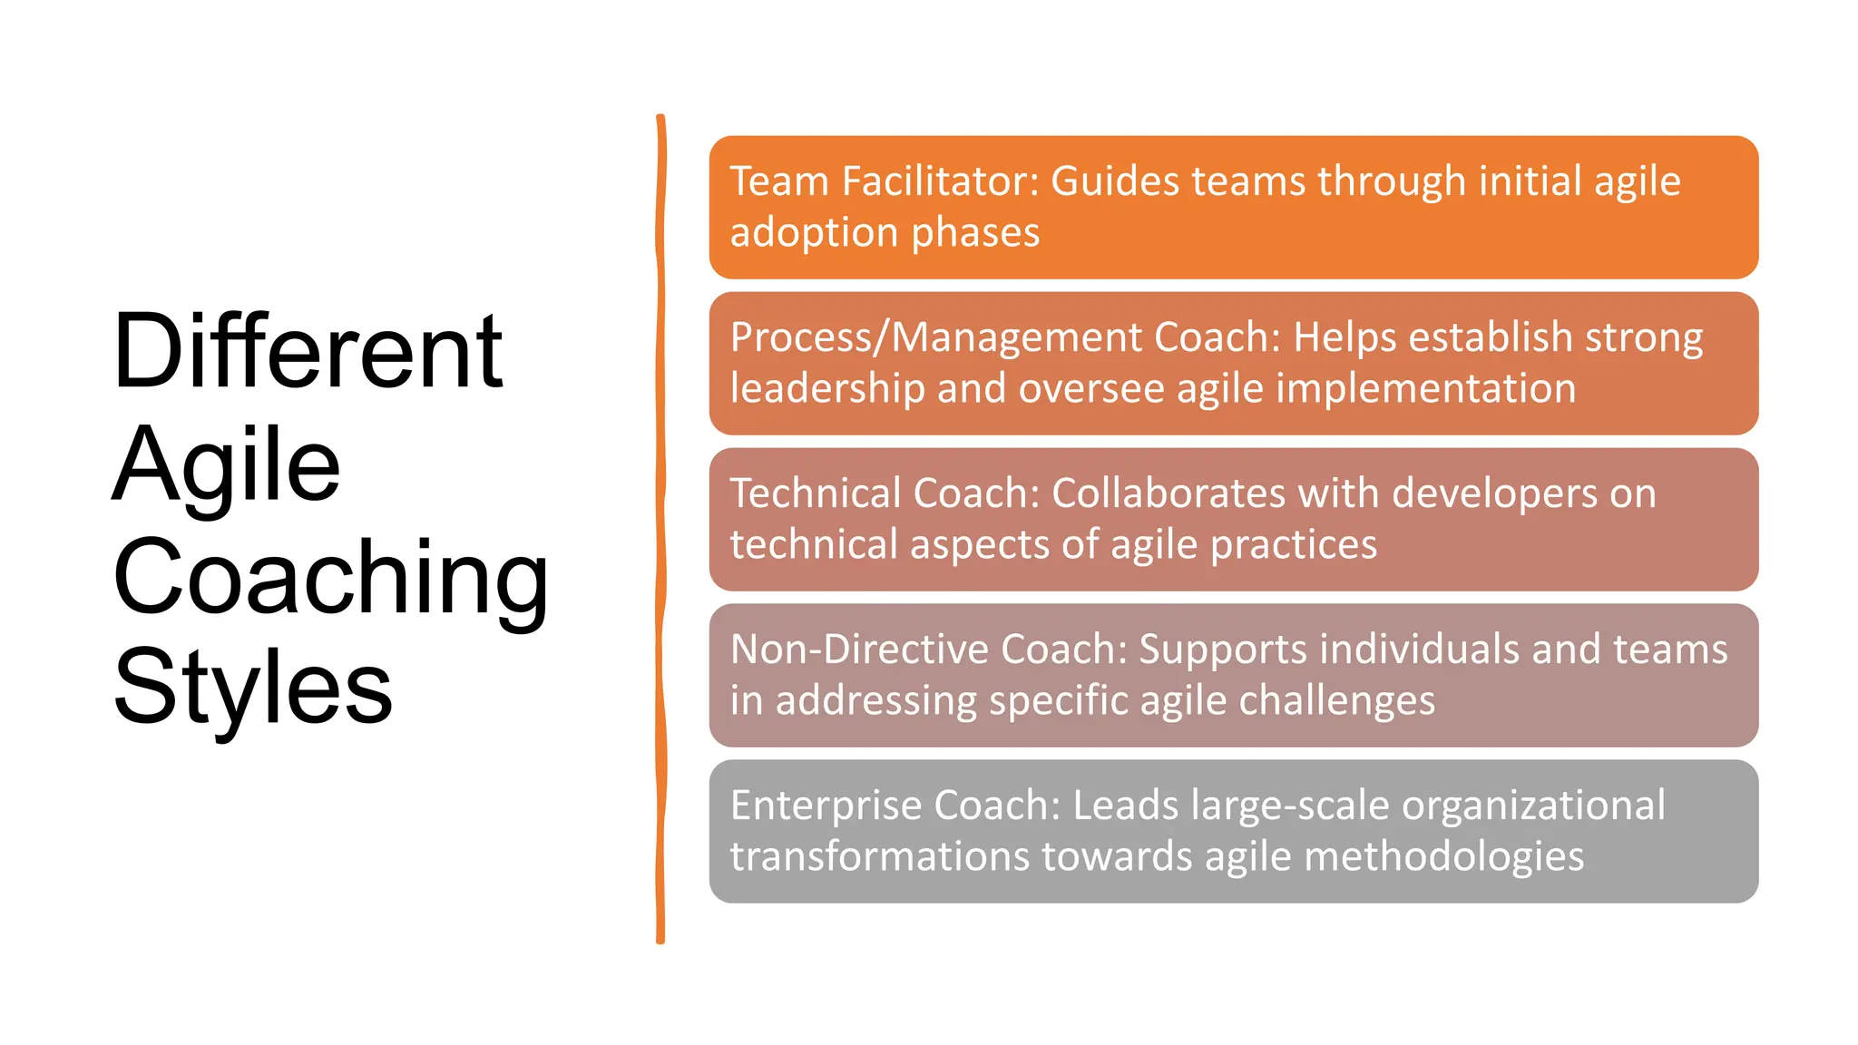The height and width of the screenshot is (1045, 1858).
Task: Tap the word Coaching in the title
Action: point(330,577)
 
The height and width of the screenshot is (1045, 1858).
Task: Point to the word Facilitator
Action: point(939,181)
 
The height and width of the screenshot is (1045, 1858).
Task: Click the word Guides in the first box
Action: point(1115,181)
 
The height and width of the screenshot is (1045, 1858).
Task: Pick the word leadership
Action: point(826,389)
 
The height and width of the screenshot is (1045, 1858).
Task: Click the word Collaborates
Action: point(1169,493)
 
